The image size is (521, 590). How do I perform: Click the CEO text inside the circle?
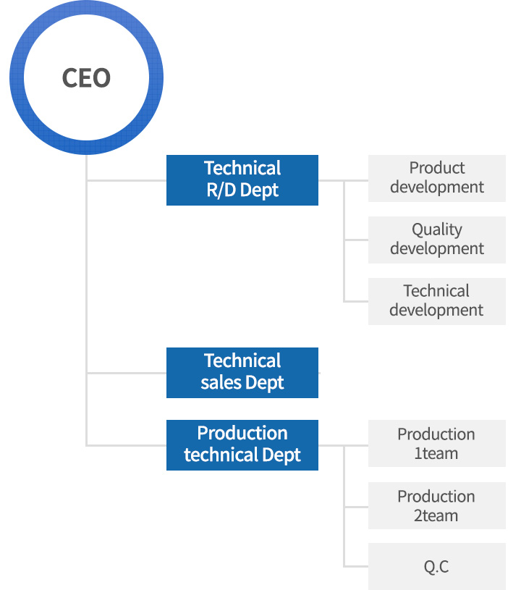tap(86, 78)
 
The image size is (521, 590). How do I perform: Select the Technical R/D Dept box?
tap(242, 180)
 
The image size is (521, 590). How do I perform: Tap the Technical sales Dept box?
tap(242, 373)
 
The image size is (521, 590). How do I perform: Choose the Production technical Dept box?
tap(242, 445)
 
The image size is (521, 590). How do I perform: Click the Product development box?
tap(437, 178)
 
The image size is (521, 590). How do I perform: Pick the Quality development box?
tap(437, 240)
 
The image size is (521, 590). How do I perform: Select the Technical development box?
tap(437, 301)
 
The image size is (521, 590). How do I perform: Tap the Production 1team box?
tap(437, 444)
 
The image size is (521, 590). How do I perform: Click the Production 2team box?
tap(437, 506)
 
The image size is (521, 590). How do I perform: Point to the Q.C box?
tap(437, 567)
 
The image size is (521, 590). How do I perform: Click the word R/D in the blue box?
tap(221, 190)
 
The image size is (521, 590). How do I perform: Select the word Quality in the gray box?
tap(437, 230)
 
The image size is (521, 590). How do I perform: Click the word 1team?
tap(436, 453)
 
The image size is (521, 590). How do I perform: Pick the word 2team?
tap(436, 515)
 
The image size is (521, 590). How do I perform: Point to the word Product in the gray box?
tap(437, 168)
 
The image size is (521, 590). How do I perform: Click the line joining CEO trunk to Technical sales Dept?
tap(127, 373)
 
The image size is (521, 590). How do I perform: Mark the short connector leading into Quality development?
tap(356, 240)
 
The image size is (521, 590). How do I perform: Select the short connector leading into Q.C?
tap(356, 566)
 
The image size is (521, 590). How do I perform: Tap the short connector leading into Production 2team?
tap(356, 507)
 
